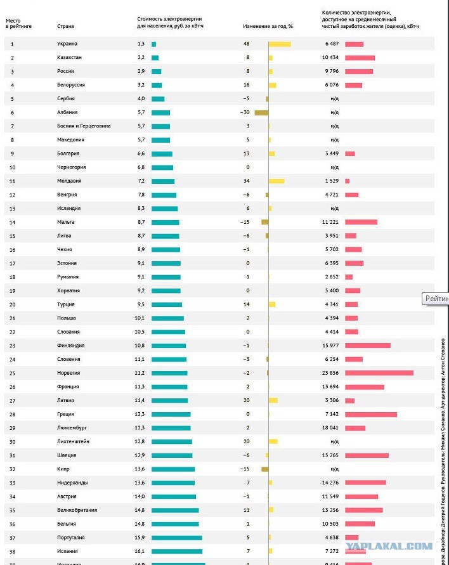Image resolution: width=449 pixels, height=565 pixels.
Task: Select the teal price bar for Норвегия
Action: [169, 373]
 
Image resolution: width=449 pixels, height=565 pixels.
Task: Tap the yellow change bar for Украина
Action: [279, 44]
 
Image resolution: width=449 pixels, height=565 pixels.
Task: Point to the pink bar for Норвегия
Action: [379, 373]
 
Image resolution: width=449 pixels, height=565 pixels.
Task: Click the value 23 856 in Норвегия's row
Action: [330, 373]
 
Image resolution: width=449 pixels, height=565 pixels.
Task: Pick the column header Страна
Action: [65, 26]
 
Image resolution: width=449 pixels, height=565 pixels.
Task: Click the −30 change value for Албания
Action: [244, 112]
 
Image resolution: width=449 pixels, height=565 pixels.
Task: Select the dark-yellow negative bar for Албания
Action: [261, 112]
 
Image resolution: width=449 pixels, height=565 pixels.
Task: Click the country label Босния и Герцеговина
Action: [83, 126]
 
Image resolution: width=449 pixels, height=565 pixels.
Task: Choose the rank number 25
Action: [12, 373]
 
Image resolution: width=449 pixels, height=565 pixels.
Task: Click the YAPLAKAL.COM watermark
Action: [397, 545]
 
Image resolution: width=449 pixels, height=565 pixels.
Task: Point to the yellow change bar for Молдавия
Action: [276, 181]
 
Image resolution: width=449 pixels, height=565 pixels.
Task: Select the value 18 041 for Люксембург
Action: [330, 428]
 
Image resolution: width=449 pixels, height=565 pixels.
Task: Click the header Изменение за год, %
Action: [268, 26]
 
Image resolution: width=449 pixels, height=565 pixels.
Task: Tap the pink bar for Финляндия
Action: [367, 346]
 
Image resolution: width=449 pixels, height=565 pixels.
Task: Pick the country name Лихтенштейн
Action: [73, 441]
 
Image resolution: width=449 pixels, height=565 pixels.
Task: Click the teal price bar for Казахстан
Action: [155, 58]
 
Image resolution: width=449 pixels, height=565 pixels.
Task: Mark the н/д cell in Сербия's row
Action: [334, 98]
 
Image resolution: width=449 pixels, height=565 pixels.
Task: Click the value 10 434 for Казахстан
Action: [330, 58]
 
